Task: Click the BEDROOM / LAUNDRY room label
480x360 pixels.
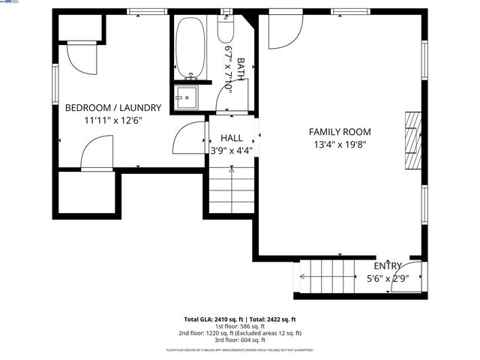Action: point(113,107)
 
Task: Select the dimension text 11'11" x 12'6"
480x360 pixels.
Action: point(113,120)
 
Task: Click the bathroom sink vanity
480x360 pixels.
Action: point(185,97)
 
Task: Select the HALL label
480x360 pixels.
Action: point(231,138)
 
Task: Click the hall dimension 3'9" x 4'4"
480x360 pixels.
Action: point(231,150)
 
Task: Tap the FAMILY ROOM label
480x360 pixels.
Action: point(340,132)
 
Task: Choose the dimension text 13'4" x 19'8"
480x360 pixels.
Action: point(340,145)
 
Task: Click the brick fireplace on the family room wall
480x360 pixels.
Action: point(412,142)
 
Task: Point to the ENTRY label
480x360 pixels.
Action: point(388,266)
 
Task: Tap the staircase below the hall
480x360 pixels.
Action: point(231,189)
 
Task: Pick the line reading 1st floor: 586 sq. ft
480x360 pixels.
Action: point(240,326)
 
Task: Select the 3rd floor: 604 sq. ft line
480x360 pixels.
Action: point(240,340)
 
